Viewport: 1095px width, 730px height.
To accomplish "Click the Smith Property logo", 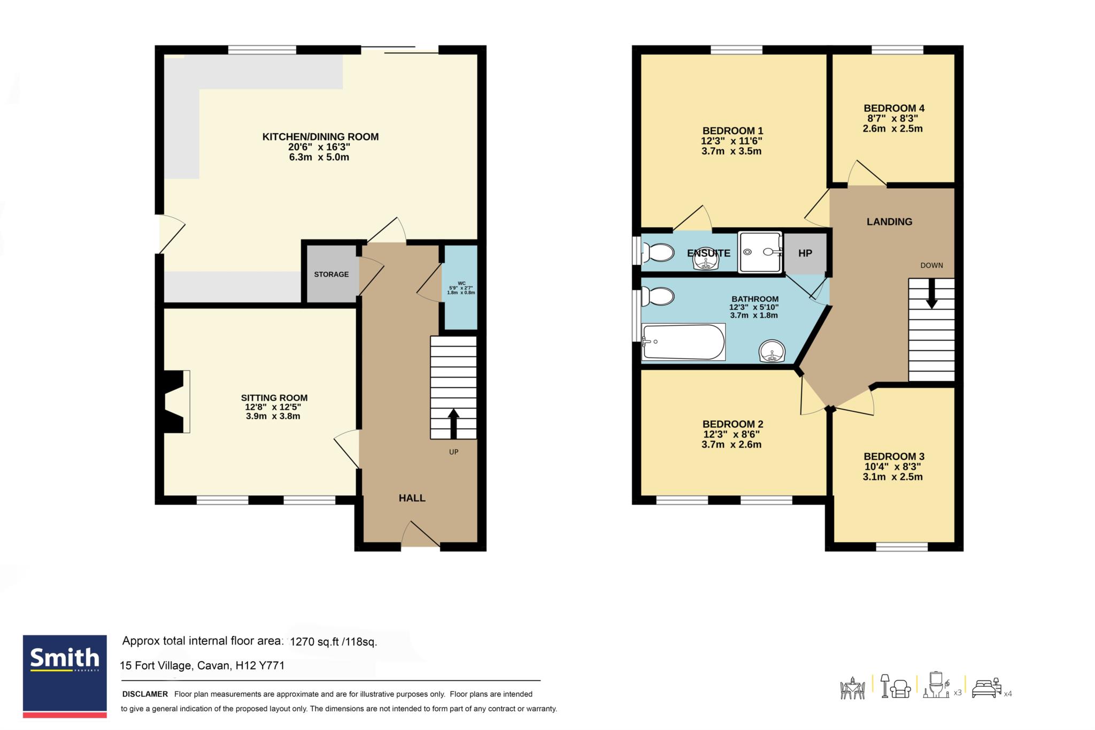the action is pos(65,676).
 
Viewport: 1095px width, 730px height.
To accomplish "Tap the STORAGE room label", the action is pos(331,274).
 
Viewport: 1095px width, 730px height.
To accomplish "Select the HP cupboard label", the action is pos(805,253).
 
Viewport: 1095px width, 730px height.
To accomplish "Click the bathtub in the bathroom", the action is pos(684,342).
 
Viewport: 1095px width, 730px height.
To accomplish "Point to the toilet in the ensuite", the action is pos(659,252).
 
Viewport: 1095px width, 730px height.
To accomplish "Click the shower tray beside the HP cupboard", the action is pos(760,252).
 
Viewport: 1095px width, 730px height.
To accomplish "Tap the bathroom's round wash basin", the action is pos(772,351).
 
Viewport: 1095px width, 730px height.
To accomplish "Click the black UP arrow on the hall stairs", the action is pos(453,423).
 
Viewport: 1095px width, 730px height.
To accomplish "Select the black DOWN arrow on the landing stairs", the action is pos(931,294).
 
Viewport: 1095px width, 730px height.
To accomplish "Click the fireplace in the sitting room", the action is pos(177,401).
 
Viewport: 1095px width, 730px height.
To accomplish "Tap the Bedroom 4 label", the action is pos(894,108).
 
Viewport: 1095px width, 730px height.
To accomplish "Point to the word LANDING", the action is pos(890,221).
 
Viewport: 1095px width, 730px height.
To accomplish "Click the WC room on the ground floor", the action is pos(461,288).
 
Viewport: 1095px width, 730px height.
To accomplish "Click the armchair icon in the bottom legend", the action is pos(901,689).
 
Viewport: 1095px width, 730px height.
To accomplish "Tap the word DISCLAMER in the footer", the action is pos(145,694).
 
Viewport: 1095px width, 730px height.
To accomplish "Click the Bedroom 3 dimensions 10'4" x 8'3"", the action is pos(893,467).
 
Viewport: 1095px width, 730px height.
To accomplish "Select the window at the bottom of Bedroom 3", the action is pos(901,547).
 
